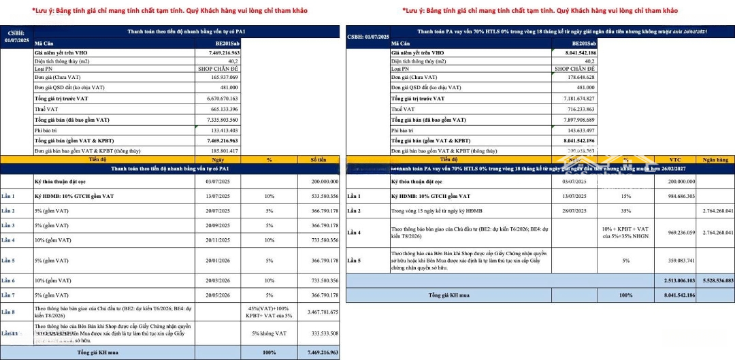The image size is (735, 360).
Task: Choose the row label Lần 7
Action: point(8,295)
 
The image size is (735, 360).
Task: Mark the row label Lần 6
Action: point(8,280)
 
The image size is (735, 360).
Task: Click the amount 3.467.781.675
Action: point(319,311)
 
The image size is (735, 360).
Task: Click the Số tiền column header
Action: point(319,159)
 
